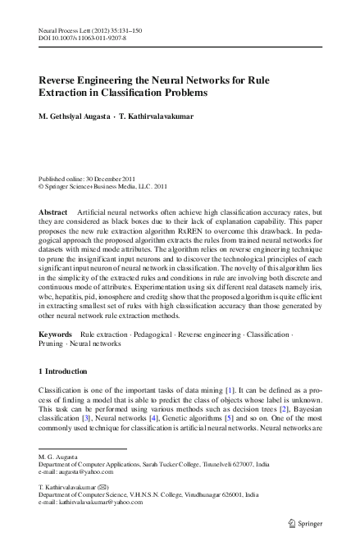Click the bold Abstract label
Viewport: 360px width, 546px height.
pos(53,212)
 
